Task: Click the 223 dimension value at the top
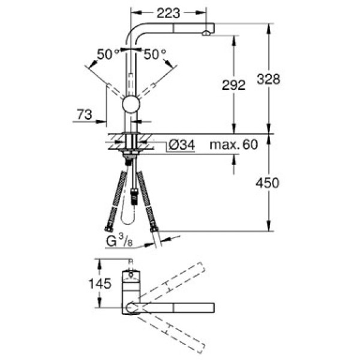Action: tap(168, 13)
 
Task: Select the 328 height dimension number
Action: tap(268, 79)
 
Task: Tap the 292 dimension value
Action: tap(233, 85)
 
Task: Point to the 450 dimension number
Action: tap(268, 183)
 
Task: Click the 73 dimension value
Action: tap(85, 115)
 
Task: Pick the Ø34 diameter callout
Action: tap(182, 145)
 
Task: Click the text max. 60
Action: tap(234, 145)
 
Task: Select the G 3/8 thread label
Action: tap(119, 241)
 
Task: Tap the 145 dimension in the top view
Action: tap(100, 284)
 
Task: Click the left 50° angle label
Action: tap(108, 55)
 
